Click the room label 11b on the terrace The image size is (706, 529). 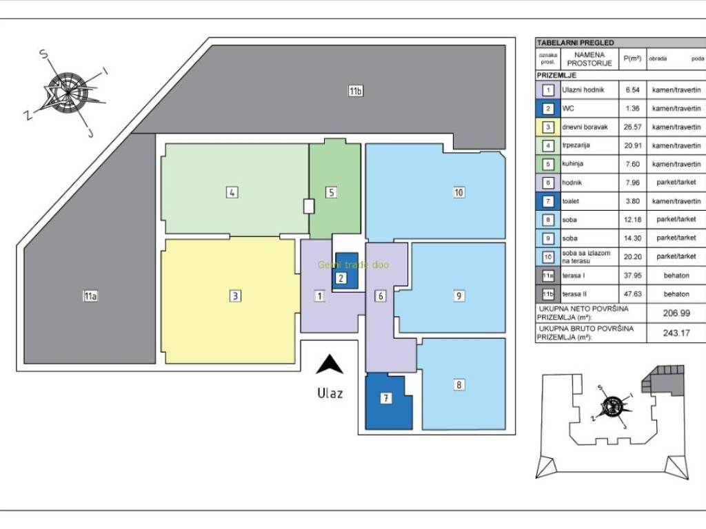click(355, 91)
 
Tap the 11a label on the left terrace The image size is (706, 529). click(90, 296)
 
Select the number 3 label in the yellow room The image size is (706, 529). click(235, 296)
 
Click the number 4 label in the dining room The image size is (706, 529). click(232, 193)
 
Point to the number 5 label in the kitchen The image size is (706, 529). click(331, 193)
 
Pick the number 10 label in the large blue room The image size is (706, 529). click(458, 193)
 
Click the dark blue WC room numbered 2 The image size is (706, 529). click(346, 270)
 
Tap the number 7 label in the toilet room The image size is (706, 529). click(386, 398)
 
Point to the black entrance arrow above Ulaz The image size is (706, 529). click(330, 365)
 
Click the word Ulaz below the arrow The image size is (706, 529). click(330, 393)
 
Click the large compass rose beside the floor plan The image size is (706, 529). click(68, 92)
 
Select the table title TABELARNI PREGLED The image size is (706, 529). click(575, 43)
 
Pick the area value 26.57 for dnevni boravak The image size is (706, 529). click(632, 127)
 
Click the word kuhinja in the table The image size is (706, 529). click(572, 164)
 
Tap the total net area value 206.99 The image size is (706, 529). click(676, 313)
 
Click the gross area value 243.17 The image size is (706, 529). click(676, 333)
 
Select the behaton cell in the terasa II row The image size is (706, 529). click(676, 293)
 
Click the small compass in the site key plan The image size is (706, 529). click(612, 406)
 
